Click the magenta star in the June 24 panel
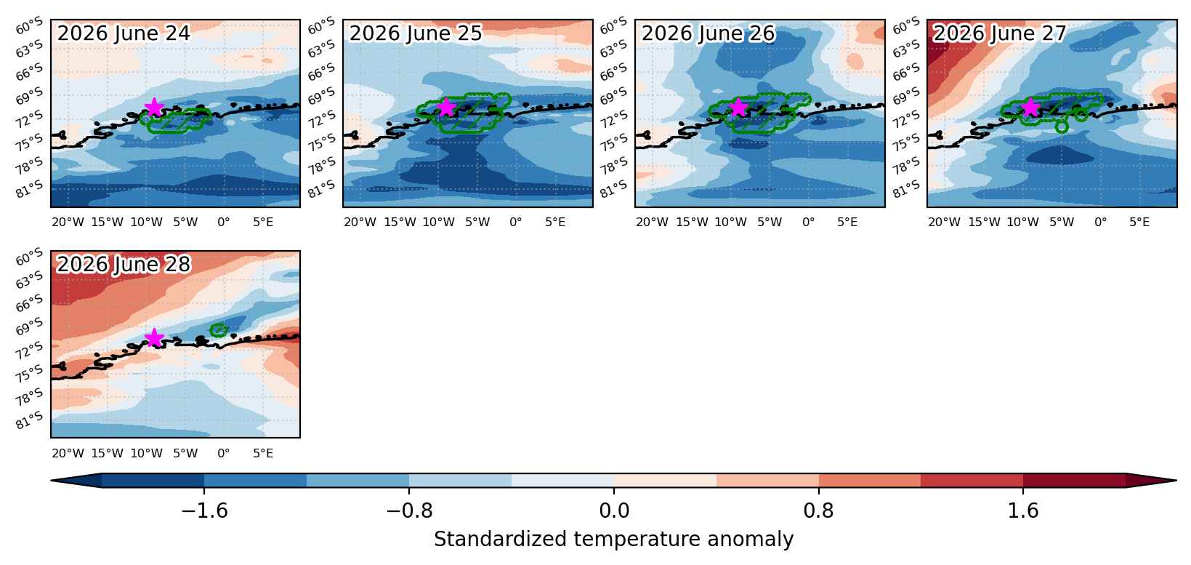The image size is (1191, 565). [x=153, y=108]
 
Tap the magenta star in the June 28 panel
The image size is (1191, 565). [x=153, y=338]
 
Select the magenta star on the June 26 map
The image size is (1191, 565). [x=738, y=108]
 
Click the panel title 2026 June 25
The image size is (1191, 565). [x=416, y=33]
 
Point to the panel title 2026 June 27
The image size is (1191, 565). [x=1000, y=33]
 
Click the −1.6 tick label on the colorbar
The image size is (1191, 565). [x=205, y=510]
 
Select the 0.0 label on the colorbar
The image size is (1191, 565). [x=614, y=510]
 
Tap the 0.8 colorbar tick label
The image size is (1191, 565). [x=818, y=510]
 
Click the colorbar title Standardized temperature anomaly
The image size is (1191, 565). [x=613, y=539]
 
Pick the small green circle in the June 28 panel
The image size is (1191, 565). [x=219, y=330]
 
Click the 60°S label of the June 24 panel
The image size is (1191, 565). [x=30, y=25]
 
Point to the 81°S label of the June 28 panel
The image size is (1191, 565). [x=30, y=420]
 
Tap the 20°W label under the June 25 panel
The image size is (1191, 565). [x=360, y=222]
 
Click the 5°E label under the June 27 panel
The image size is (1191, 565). [x=1139, y=222]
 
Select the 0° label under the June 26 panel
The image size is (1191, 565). [x=808, y=222]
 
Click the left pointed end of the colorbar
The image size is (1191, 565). [x=51, y=481]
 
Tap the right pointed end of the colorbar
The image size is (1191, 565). [x=1176, y=481]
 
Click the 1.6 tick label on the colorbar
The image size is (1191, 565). [x=1023, y=510]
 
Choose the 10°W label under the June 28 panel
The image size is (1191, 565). [x=146, y=453]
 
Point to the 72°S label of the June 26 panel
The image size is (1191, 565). [x=614, y=120]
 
